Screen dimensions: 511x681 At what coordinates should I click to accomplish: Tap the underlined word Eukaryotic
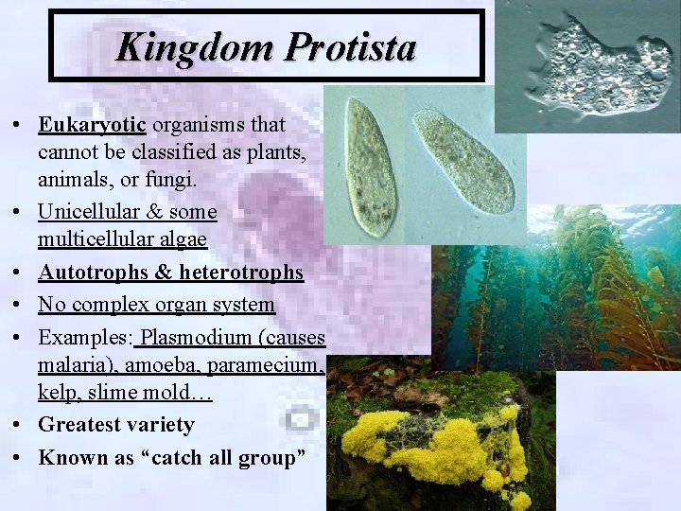point(93,125)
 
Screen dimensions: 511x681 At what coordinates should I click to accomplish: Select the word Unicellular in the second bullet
point(86,211)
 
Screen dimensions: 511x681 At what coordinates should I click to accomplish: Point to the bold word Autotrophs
point(91,273)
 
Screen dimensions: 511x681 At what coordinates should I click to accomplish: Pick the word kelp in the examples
point(56,393)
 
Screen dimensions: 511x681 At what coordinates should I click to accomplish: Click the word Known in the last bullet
point(67,458)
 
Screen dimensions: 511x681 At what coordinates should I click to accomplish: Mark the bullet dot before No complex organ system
point(17,306)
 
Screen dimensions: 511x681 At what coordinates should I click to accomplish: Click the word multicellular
point(94,239)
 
